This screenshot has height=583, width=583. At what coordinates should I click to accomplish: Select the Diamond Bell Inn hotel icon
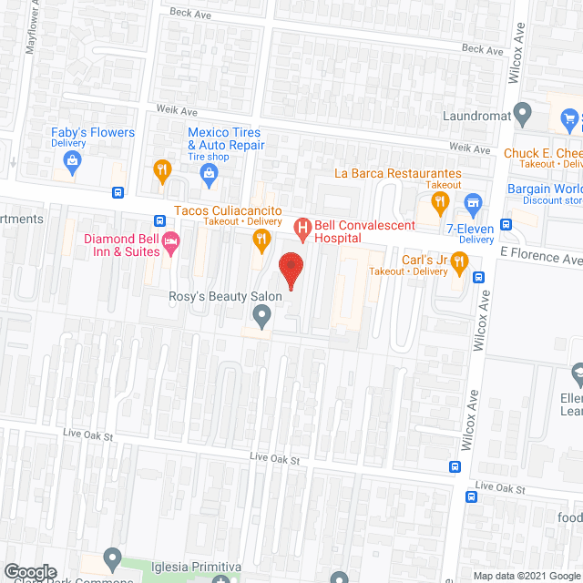click(x=170, y=241)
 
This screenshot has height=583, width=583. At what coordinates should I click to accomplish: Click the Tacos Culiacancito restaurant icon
click(x=261, y=240)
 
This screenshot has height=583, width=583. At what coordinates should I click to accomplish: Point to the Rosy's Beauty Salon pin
click(x=261, y=316)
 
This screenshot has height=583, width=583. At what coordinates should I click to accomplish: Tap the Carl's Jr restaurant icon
click(x=459, y=261)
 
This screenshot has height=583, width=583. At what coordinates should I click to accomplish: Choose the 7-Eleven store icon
click(x=472, y=201)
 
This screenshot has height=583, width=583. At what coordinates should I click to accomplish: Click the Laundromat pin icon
click(x=522, y=116)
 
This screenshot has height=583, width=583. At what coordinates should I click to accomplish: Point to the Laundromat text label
click(x=474, y=116)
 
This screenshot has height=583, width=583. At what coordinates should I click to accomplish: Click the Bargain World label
click(x=544, y=189)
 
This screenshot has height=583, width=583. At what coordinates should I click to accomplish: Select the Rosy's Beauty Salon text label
click(x=225, y=296)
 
